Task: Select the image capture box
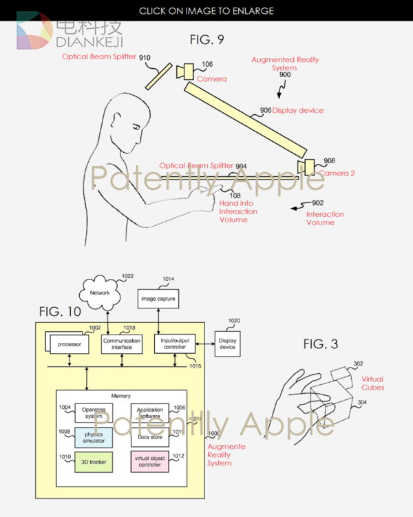(158, 298)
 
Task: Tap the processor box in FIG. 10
(69, 342)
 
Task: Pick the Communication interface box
(121, 344)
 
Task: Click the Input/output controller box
(173, 344)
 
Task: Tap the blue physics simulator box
(94, 436)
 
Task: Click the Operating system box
(94, 412)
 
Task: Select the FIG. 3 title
(321, 344)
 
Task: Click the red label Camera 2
(337, 173)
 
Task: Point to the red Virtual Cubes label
(372, 383)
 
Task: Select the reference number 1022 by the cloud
(128, 277)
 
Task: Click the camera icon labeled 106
(186, 72)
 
